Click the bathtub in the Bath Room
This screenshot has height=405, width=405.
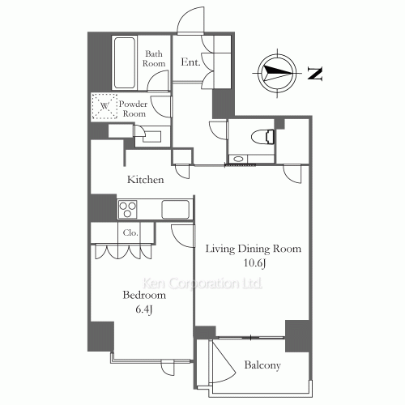tap(124, 62)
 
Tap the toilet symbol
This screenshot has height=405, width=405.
tap(263, 136)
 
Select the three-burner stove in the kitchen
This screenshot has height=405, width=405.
tap(127, 209)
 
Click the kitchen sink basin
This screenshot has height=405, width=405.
tap(175, 209)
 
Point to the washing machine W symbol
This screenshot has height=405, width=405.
tap(104, 106)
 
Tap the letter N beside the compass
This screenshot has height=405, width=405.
tap(315, 73)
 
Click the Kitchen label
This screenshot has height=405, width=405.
tap(146, 180)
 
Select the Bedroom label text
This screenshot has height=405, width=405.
tap(144, 295)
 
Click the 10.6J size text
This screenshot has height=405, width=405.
tap(255, 263)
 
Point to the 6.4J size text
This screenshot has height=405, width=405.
tap(144, 309)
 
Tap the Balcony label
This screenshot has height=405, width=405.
tap(262, 365)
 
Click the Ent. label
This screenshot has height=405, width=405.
tap(190, 62)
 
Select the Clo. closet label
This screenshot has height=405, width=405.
tap(130, 232)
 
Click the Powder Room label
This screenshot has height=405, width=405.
tap(134, 109)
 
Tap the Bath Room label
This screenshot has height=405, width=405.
tap(154, 58)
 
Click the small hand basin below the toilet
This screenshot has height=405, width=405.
tap(238, 159)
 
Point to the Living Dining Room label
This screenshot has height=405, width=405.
tap(254, 249)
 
